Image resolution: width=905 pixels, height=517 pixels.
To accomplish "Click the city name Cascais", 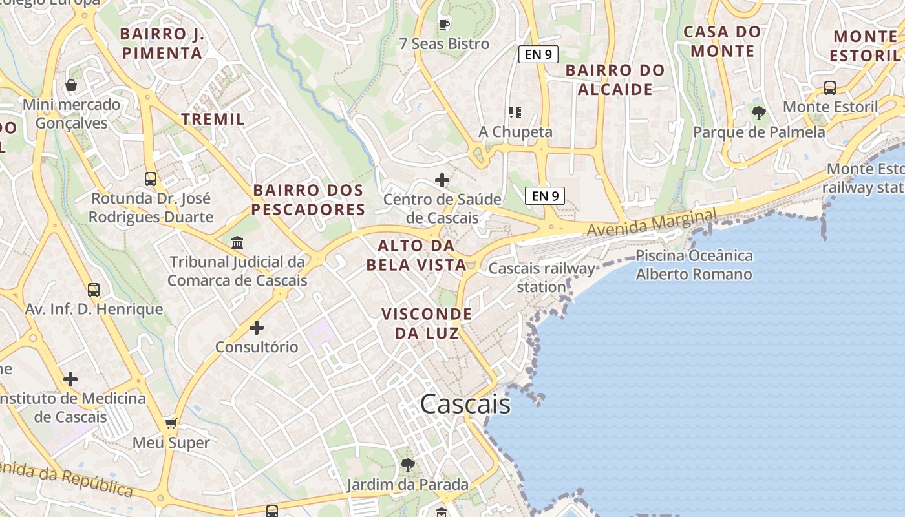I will (x=465, y=405).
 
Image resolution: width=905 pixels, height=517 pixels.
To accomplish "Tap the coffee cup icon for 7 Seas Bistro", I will (x=444, y=25).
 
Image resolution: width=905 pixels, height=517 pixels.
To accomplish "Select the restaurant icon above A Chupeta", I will (x=515, y=112).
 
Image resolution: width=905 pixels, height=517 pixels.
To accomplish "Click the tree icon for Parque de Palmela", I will (x=759, y=113).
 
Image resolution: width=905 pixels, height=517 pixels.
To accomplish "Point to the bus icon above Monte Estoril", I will (x=830, y=88).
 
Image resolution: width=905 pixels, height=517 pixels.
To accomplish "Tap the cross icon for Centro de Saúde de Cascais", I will (x=442, y=180).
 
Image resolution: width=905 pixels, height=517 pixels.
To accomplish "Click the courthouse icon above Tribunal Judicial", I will (x=237, y=243).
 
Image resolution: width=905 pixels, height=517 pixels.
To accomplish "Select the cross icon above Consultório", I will (x=257, y=328).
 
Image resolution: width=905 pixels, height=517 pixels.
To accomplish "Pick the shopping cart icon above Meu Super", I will (x=171, y=423).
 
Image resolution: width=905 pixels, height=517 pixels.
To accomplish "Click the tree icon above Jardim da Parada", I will (x=407, y=465).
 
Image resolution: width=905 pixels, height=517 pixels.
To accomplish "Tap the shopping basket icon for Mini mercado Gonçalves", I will (x=71, y=85).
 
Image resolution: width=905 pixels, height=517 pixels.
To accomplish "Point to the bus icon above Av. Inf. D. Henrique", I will (x=94, y=290).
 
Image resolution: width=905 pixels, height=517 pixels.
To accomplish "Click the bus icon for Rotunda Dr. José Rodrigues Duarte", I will (x=151, y=179).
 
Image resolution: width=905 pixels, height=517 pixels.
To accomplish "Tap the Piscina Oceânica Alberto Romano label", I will (x=694, y=265).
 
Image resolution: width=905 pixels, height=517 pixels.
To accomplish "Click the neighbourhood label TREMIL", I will (x=213, y=119).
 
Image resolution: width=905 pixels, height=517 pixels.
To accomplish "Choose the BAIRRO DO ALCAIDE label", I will (x=615, y=79).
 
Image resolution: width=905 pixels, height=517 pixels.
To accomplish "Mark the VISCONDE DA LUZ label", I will (x=427, y=323).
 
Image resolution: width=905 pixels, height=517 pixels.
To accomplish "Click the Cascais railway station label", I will (x=542, y=277).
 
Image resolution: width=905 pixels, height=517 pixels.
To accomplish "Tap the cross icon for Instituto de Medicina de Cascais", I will (x=70, y=379).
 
